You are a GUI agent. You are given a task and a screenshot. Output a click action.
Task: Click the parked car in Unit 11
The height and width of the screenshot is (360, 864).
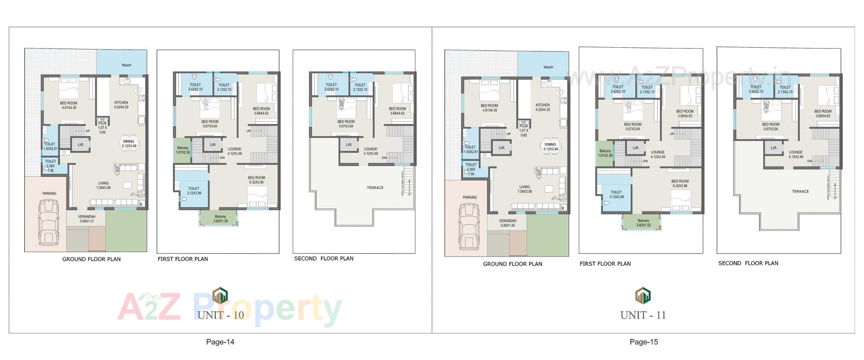(470, 226)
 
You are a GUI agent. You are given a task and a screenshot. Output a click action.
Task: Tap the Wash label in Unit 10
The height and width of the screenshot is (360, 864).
(126, 65)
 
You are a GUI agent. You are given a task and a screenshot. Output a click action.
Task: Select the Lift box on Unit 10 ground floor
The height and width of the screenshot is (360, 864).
(81, 145)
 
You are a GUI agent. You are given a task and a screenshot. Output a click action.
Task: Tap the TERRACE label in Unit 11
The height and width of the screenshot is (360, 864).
(800, 192)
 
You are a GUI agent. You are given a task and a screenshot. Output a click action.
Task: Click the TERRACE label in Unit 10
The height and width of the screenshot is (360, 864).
(375, 188)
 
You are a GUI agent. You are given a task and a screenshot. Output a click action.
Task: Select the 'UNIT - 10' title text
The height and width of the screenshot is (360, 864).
(220, 315)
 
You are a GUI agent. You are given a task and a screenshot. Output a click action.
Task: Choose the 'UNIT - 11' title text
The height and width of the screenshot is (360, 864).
(643, 315)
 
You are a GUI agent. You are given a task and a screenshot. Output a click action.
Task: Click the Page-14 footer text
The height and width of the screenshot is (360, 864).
(220, 342)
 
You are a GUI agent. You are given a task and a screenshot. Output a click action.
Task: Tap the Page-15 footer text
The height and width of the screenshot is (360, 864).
(643, 342)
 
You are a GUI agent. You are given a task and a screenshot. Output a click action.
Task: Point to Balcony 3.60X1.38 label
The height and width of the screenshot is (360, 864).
(220, 219)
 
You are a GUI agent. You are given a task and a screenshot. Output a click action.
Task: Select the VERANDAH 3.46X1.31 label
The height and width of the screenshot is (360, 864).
(87, 219)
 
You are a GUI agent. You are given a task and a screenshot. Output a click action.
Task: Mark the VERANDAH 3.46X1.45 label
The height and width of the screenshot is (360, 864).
(508, 223)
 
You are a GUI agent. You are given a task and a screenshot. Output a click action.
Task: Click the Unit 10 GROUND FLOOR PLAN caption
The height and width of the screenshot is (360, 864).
(91, 259)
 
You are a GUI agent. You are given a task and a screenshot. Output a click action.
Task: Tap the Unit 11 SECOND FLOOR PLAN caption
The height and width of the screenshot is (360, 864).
(748, 263)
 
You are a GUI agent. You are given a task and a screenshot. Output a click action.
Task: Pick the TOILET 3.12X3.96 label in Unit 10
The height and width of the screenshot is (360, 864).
(193, 191)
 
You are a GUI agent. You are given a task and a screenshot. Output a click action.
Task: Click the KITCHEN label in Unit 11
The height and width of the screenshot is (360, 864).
(542, 108)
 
